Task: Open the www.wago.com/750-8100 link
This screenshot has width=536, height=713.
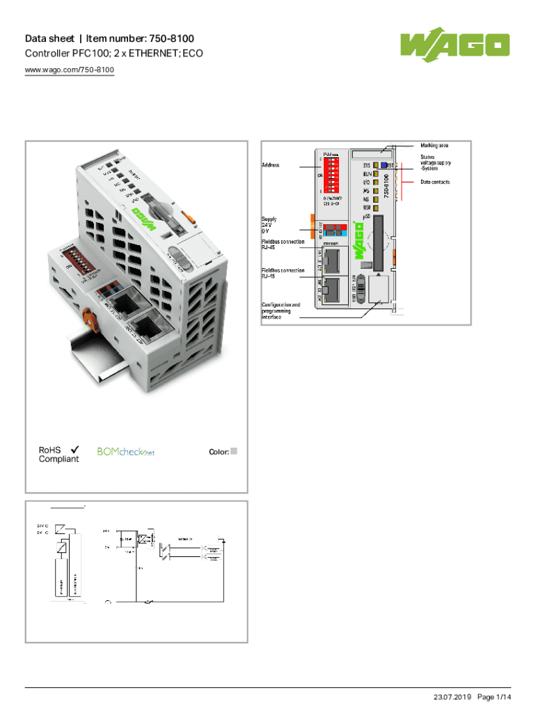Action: point(70,70)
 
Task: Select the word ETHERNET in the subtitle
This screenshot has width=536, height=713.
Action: point(150,53)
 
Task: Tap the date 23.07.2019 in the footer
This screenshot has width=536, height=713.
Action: point(453,697)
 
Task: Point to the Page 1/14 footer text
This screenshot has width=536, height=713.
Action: point(495,697)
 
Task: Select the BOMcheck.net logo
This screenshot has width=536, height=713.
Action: point(125,452)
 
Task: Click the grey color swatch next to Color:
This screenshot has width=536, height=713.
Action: point(235,451)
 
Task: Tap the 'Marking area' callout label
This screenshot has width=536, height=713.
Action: point(434,146)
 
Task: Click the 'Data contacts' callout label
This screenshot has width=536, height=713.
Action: point(434,182)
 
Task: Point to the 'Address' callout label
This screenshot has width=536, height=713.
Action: point(270,166)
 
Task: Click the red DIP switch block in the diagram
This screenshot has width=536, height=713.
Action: point(331,175)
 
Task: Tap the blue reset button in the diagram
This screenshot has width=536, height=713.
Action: point(384,165)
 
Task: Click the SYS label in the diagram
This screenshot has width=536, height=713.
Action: point(366,166)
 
